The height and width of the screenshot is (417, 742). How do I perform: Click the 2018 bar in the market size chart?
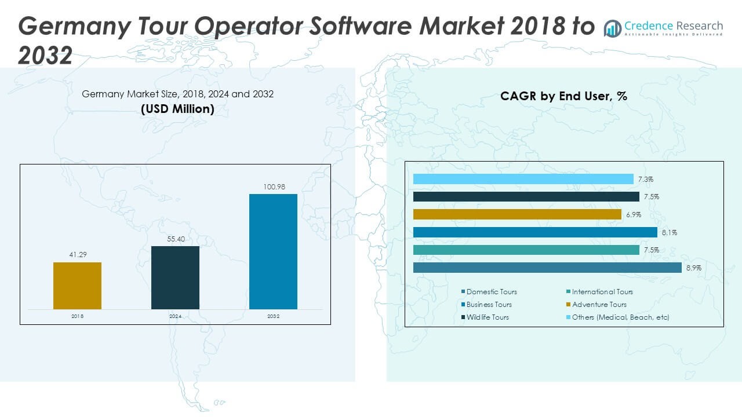coord(77,286)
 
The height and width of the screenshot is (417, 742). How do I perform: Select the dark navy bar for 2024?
coord(175,277)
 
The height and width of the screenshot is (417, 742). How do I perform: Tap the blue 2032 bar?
coord(273,251)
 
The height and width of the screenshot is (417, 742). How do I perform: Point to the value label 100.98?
coord(273,186)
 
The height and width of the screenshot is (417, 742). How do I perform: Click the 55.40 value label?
coord(175,239)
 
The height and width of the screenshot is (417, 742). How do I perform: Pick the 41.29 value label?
coord(77,255)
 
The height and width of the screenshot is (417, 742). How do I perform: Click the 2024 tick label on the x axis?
coord(175,316)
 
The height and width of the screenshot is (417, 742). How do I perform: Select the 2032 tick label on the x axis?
coord(273,316)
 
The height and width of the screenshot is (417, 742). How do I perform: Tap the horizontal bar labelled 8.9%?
coord(547,268)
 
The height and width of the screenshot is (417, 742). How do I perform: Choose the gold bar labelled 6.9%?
coord(517,214)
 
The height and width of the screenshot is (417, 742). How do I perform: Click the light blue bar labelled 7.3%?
coord(523,179)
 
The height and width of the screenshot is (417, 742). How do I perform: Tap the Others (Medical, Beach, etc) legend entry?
coord(620,317)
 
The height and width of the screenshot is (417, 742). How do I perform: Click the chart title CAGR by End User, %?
coord(563,96)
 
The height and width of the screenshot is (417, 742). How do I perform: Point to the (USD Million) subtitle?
coord(177,109)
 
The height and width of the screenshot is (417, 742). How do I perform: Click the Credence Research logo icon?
coord(613,28)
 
